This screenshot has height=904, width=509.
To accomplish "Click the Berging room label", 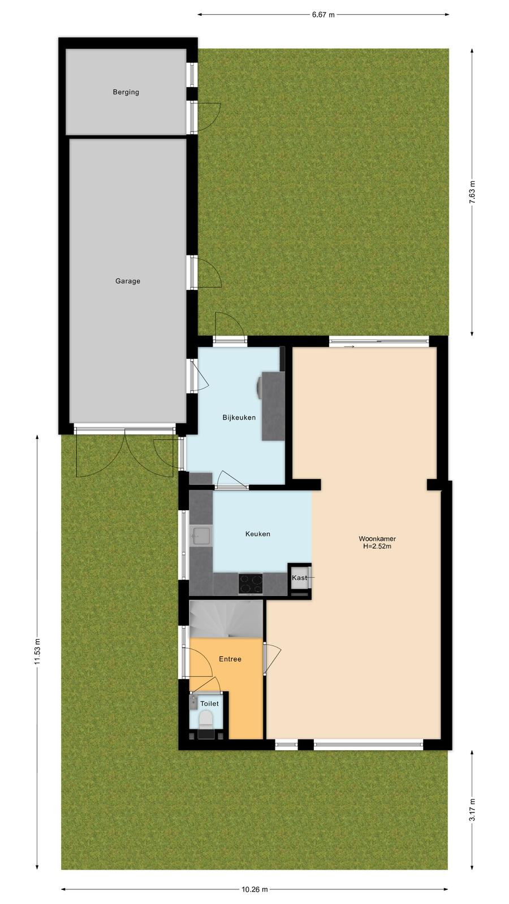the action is click(126, 92).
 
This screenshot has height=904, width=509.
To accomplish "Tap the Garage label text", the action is click(128, 281).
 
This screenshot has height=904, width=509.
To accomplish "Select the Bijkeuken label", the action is click(239, 418).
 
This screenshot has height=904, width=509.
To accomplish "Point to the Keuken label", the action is click(258, 533).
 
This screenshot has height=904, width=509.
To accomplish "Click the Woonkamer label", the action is click(377, 538).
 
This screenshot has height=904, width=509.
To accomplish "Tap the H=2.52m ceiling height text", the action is click(377, 546).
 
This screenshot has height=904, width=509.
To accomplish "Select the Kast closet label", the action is click(299, 577).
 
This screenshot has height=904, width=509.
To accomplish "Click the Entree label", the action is click(230, 659).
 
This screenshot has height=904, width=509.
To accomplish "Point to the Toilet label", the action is click(209, 703).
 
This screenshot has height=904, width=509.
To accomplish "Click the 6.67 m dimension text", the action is click(323, 15).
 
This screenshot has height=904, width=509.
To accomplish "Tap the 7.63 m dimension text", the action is click(472, 192).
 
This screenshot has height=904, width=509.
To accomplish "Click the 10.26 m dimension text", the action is click(255, 889).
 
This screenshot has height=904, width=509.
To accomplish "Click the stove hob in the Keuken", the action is click(251, 584).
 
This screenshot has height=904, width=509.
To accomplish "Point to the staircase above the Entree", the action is click(226, 619).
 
